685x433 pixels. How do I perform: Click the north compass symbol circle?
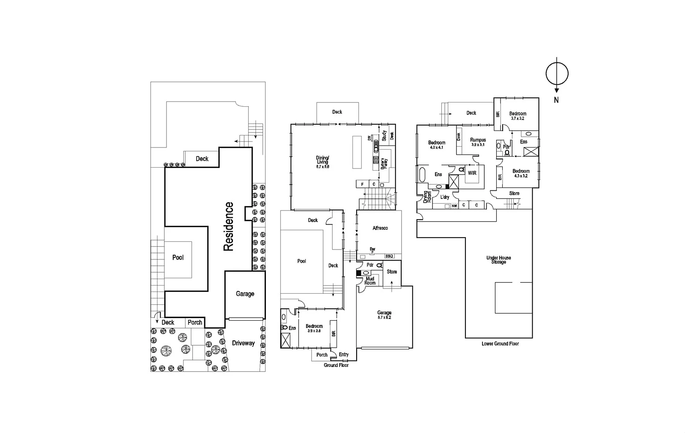(557, 74)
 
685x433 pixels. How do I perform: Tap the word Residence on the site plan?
(229, 226)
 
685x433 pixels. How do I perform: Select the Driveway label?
(243, 343)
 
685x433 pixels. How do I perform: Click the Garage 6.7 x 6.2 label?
(384, 315)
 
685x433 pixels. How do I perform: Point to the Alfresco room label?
(380, 228)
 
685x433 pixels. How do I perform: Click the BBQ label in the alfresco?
(389, 256)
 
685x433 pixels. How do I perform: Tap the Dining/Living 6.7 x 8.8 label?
(322, 162)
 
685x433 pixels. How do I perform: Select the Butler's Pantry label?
(384, 163)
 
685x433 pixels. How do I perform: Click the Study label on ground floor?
(384, 135)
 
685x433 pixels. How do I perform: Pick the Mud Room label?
(370, 281)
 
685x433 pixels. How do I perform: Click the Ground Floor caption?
(336, 365)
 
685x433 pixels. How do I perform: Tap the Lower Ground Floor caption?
(500, 343)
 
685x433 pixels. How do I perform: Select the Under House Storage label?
(498, 260)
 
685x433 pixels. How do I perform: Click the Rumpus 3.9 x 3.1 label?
(478, 142)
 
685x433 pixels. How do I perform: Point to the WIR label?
(472, 173)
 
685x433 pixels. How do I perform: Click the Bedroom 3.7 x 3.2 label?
(518, 116)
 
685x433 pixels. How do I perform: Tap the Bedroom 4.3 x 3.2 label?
(521, 173)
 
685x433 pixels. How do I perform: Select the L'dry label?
(445, 197)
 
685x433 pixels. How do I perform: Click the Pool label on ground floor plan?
(301, 261)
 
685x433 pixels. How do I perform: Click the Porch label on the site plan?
(195, 322)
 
